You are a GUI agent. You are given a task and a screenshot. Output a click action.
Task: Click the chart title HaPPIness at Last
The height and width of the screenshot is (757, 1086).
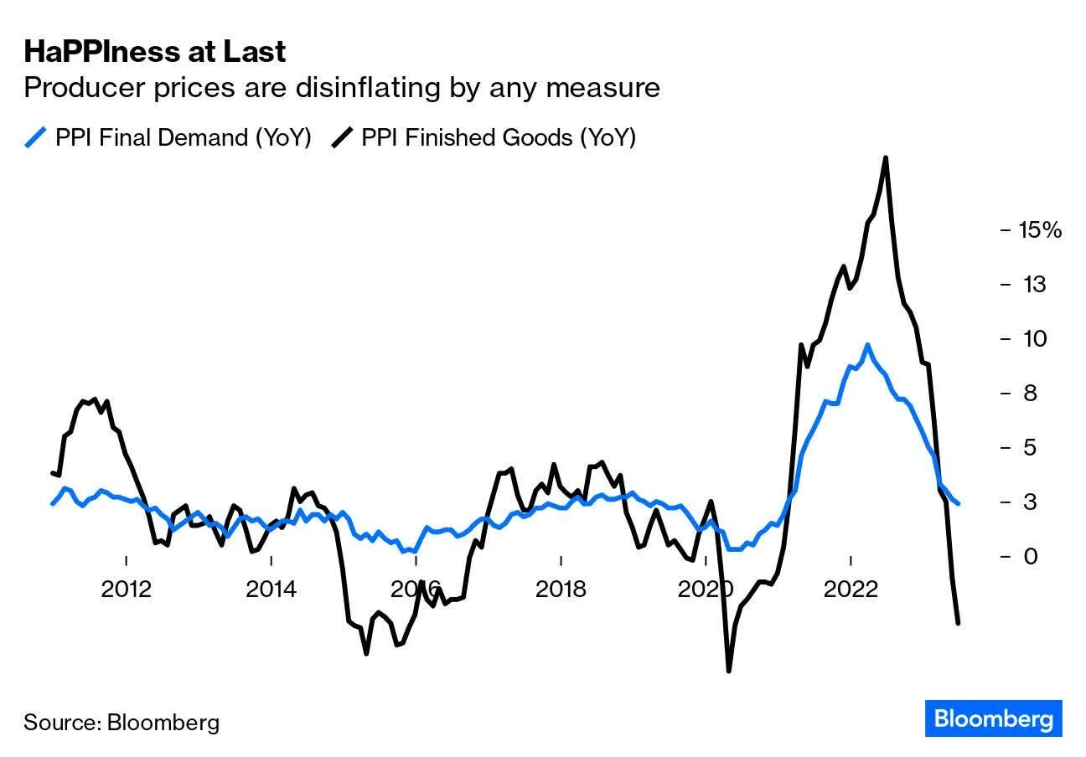point(155,52)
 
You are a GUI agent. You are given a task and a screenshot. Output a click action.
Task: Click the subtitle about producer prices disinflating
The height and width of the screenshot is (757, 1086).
point(341,87)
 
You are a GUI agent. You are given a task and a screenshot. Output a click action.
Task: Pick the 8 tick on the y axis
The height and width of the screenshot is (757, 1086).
point(1027,393)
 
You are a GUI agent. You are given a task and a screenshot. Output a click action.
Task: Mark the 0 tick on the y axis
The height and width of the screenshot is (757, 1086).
point(1027,556)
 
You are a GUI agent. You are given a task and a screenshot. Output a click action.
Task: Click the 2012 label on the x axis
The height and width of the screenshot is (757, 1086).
point(126,590)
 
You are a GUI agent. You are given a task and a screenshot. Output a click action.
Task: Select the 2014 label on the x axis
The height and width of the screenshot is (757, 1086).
point(271,590)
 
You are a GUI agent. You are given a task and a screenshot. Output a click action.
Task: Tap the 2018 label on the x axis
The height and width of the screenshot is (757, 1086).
point(561,590)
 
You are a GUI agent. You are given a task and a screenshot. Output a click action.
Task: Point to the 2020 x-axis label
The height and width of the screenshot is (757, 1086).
point(706,590)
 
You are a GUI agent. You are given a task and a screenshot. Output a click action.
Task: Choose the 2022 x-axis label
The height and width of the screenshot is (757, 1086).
point(851,590)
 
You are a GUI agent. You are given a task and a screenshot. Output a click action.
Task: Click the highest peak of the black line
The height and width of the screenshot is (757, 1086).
point(885,157)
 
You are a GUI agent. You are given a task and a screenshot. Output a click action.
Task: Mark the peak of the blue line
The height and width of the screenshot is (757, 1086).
point(867,344)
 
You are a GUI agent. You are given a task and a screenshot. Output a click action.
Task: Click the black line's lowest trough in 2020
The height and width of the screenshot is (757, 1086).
point(728,671)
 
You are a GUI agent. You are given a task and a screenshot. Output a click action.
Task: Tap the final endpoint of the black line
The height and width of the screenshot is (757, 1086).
point(958,623)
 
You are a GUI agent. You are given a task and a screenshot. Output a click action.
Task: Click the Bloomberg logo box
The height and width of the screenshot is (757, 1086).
point(993,718)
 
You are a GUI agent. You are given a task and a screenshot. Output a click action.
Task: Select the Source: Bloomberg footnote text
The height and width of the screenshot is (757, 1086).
point(122,722)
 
